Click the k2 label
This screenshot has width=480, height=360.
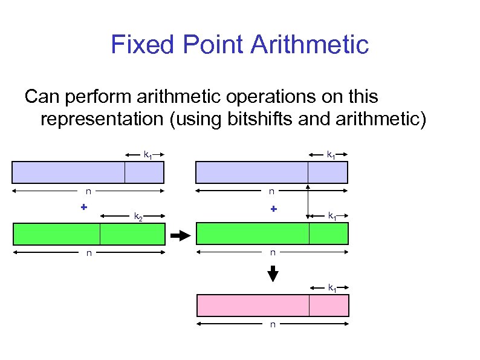(138, 216)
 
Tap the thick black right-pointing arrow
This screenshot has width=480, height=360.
(180, 234)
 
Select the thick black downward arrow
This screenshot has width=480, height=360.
(273, 273)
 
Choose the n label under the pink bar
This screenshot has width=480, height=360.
(273, 325)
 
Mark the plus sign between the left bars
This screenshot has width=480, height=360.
(84, 207)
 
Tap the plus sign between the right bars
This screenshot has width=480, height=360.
(273, 209)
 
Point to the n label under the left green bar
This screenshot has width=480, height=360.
(88, 253)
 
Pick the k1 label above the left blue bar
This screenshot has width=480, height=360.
(147, 155)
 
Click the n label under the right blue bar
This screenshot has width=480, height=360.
(271, 192)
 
